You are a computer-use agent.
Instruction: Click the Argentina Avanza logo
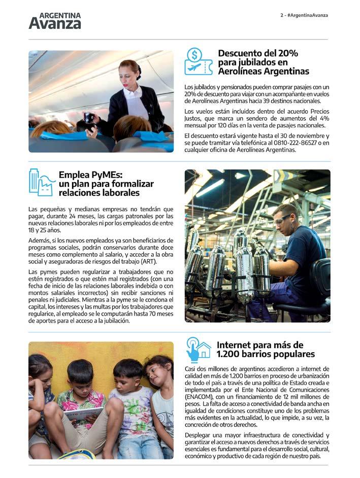[x=54, y=20]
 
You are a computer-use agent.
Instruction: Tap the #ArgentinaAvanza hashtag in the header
[x=307, y=15]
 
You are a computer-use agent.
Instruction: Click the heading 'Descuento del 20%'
[x=258, y=53]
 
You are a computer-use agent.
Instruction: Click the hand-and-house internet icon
[x=198, y=349]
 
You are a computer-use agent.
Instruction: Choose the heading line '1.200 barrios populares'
[x=265, y=354]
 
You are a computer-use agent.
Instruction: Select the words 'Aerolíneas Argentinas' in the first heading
[x=263, y=72]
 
